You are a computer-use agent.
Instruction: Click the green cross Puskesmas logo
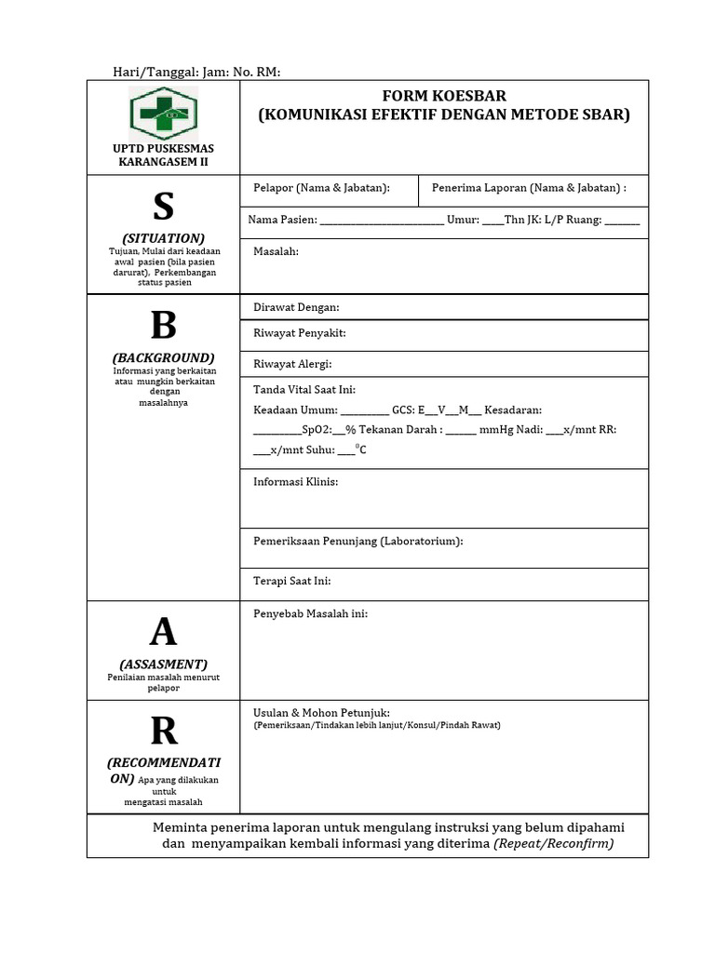click(163, 111)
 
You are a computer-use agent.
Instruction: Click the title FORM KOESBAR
click(444, 97)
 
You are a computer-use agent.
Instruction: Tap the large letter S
click(163, 207)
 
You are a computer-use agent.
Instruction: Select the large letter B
click(163, 326)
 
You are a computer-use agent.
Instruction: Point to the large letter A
click(163, 632)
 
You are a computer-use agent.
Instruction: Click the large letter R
click(163, 732)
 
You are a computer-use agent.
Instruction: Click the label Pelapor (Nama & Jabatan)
click(321, 188)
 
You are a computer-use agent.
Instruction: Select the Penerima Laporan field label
click(529, 188)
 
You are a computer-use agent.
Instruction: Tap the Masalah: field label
click(276, 251)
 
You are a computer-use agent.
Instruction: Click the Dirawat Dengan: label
click(296, 307)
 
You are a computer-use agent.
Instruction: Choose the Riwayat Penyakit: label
click(299, 332)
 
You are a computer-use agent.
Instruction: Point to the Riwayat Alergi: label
click(292, 364)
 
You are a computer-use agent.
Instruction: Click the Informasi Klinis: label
click(295, 481)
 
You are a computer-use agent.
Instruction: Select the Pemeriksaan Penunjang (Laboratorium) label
click(357, 541)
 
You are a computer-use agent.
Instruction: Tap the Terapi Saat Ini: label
click(291, 581)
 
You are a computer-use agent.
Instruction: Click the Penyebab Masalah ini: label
click(310, 613)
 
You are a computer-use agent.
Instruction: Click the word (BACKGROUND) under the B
click(163, 357)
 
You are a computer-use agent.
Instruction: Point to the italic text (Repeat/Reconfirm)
click(554, 843)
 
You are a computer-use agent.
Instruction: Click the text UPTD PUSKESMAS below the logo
click(163, 149)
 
